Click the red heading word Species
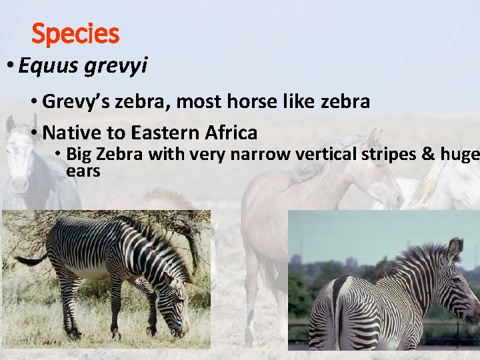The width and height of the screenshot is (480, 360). tap(75, 33)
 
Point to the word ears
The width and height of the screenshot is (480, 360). tap(83, 171)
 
